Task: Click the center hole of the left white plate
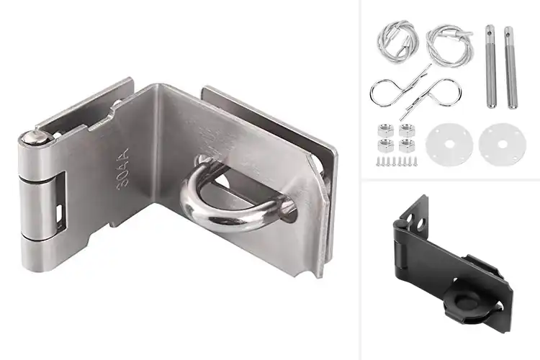444,145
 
